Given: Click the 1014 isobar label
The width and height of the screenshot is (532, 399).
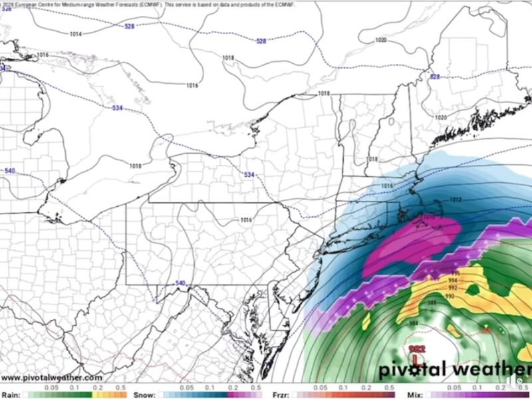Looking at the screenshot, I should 76,33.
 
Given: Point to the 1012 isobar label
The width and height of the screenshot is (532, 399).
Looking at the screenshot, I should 456,199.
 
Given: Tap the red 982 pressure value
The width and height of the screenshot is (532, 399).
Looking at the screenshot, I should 417,348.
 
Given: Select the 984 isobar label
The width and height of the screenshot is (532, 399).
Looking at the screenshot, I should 414,323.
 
